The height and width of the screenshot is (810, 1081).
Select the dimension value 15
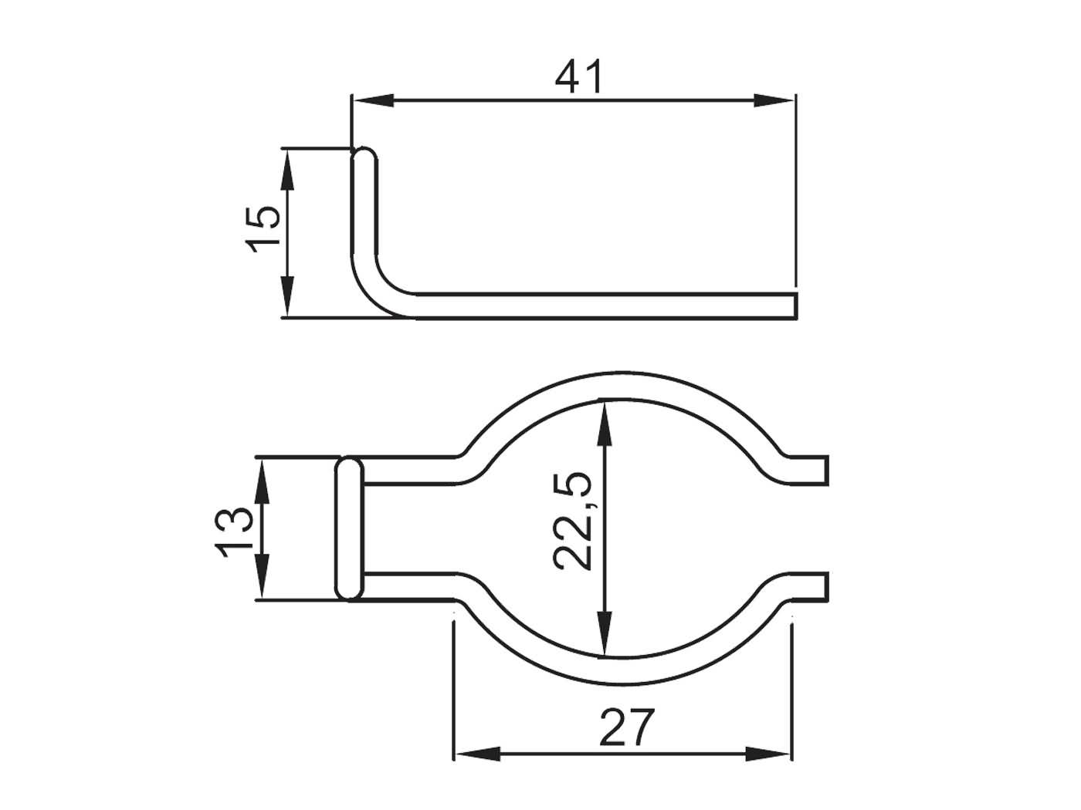pos(263,228)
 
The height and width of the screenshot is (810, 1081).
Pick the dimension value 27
pos(625,727)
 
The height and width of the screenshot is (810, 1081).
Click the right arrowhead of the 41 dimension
pos(774,100)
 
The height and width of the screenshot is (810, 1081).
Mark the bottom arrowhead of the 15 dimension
pos(286,297)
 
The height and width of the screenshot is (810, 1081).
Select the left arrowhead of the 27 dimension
pos(474,753)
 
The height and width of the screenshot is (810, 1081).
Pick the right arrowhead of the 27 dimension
pos(770,753)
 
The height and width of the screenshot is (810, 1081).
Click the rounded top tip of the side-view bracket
pos(365,154)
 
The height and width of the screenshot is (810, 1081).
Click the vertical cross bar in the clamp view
pos(350,529)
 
